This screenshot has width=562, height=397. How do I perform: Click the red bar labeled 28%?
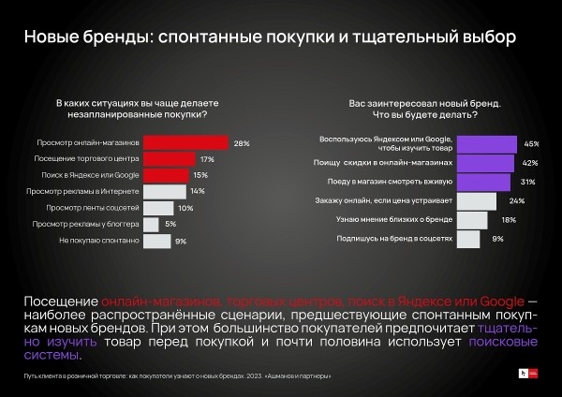pyautogui.click(x=186, y=143)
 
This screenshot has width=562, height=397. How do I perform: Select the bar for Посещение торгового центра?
pyautogui.click(x=170, y=159)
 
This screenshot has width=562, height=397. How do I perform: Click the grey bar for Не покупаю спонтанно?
pyautogui.click(x=156, y=241)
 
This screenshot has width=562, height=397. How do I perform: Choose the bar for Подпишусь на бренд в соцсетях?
pyautogui.click(x=467, y=239)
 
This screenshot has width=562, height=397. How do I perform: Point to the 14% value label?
pyautogui.click(x=198, y=192)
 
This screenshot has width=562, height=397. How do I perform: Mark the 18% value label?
pyautogui.click(x=508, y=220)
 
